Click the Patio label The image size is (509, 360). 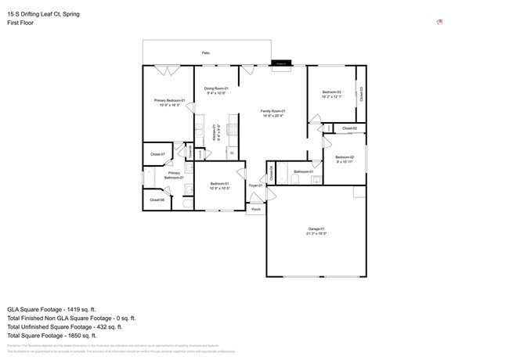click(x=205, y=52)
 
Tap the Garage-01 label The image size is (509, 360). click(x=316, y=228)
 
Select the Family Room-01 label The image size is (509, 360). click(x=273, y=111)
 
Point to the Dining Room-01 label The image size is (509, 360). click(x=215, y=88)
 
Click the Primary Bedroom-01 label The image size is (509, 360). click(x=168, y=100)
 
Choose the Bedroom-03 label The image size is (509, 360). click(x=332, y=92)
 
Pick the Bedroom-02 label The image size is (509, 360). click(x=345, y=157)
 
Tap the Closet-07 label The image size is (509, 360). click(x=157, y=154)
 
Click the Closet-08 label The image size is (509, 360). click(x=157, y=200)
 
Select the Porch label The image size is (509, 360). click(x=255, y=209)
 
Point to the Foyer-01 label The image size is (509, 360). click(x=255, y=185)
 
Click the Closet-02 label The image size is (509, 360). click(x=349, y=128)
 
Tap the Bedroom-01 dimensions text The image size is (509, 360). click(x=218, y=189)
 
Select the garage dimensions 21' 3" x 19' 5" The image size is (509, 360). click(x=316, y=233)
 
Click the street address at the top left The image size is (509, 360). click(x=43, y=14)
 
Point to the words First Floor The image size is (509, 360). click(x=21, y=23)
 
